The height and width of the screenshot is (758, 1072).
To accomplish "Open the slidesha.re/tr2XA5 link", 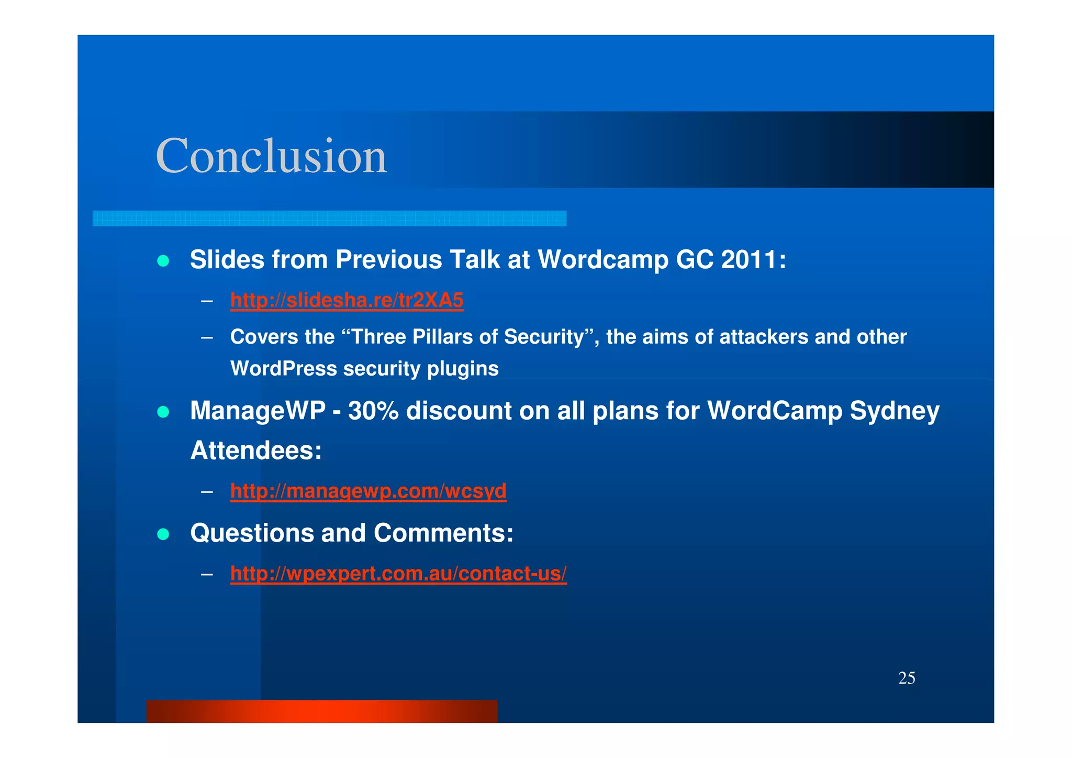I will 347,300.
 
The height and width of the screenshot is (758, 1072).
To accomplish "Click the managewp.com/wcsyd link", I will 368,491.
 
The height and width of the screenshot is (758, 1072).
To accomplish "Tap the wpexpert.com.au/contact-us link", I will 398,573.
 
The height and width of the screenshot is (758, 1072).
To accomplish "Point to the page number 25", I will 906,678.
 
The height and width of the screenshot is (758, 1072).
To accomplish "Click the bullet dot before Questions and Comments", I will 163,534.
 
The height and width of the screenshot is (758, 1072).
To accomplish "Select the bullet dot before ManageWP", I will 163,412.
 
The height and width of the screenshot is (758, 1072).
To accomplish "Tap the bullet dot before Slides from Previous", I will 163,261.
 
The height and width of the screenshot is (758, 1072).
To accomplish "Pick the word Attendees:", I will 256,451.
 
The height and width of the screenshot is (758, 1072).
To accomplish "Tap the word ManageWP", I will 258,410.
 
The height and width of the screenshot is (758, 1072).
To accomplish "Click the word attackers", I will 764,337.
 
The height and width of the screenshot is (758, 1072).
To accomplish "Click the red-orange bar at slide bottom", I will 321,711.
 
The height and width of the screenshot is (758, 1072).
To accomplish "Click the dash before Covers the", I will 207,337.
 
